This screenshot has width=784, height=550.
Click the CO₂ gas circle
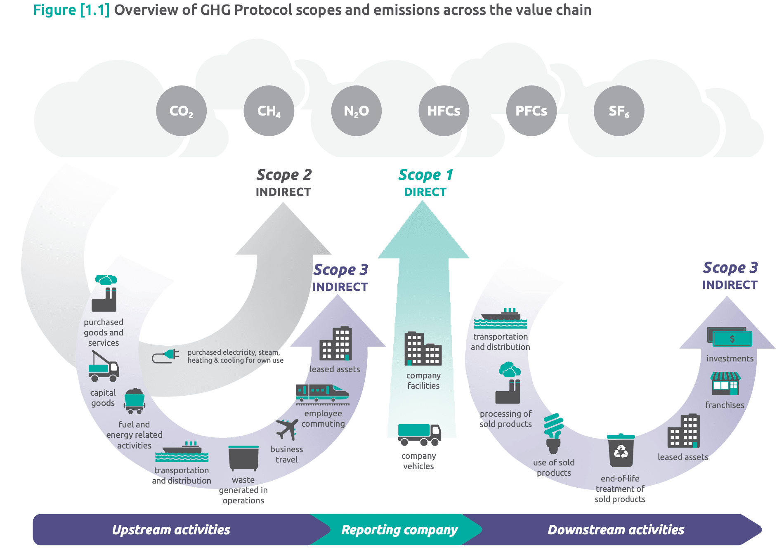[181, 111]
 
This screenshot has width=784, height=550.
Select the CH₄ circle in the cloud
[269, 111]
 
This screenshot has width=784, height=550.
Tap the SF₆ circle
[619, 111]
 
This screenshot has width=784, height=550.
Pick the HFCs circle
[444, 111]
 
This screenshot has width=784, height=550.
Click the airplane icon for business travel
[287, 429]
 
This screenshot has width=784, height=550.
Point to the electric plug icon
[165, 356]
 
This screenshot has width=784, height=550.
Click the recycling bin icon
[621, 450]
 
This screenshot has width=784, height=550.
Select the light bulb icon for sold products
[553, 433]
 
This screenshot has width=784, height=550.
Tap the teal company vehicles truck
[419, 435]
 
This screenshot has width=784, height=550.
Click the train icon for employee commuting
[322, 393]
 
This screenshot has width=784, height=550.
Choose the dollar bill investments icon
[730, 337]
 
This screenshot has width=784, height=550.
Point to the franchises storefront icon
[725, 384]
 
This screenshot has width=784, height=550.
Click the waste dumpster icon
[243, 458]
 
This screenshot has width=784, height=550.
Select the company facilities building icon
[423, 349]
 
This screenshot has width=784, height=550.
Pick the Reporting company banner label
[399, 530]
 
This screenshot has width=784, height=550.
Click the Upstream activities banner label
[171, 530]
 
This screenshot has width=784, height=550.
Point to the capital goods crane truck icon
[104, 366]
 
